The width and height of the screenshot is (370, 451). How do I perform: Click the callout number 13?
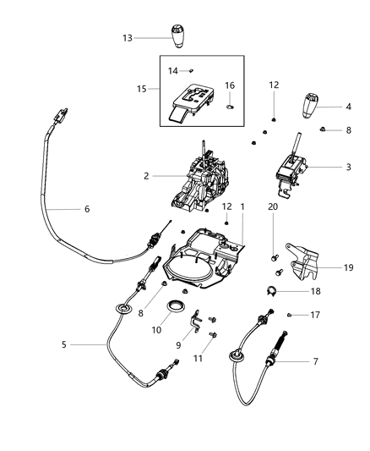point(128,37)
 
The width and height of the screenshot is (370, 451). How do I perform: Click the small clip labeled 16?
point(230,107)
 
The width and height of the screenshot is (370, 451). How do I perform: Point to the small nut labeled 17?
point(288,316)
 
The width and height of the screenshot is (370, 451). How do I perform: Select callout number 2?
point(147,177)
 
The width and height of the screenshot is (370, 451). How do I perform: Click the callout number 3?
point(349,167)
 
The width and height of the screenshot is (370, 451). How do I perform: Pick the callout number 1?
point(242,206)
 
